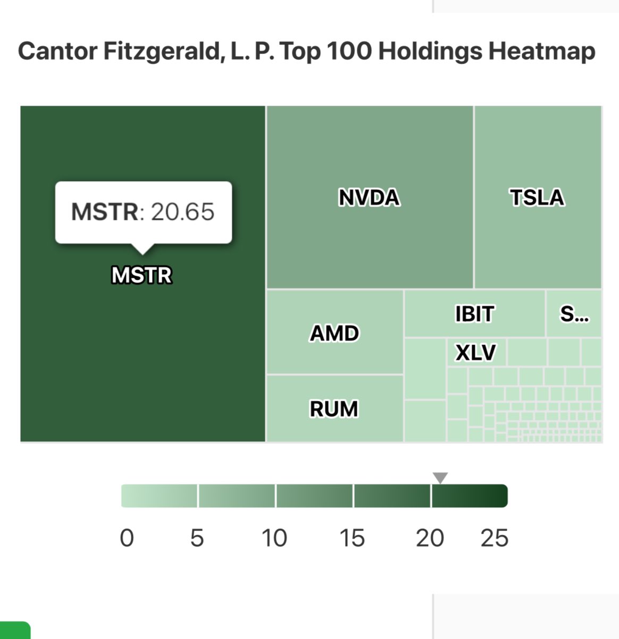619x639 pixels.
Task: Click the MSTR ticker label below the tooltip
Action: (x=141, y=275)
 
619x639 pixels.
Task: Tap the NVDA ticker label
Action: (x=369, y=198)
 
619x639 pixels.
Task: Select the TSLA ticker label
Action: (x=537, y=198)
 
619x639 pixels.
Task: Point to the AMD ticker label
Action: (x=334, y=334)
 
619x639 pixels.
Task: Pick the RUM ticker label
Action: (x=334, y=409)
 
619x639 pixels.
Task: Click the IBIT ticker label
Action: (x=474, y=314)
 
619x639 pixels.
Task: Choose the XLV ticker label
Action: (x=475, y=353)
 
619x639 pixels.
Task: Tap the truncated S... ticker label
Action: (x=574, y=314)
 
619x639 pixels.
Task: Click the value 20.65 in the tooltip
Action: (x=182, y=212)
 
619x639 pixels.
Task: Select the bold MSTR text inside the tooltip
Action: (x=105, y=212)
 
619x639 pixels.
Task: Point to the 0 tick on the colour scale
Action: (x=127, y=538)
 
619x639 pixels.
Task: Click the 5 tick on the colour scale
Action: (x=197, y=538)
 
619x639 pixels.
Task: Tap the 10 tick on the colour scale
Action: (x=274, y=538)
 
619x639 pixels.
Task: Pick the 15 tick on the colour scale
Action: (x=352, y=538)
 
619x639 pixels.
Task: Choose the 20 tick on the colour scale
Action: (x=430, y=538)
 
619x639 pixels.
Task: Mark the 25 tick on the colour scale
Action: (x=495, y=538)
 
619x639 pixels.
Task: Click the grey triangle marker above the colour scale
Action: (x=440, y=478)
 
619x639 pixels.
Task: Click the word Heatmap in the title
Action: (x=541, y=52)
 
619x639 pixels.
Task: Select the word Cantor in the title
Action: (x=57, y=52)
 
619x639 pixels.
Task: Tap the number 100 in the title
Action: (x=348, y=52)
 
